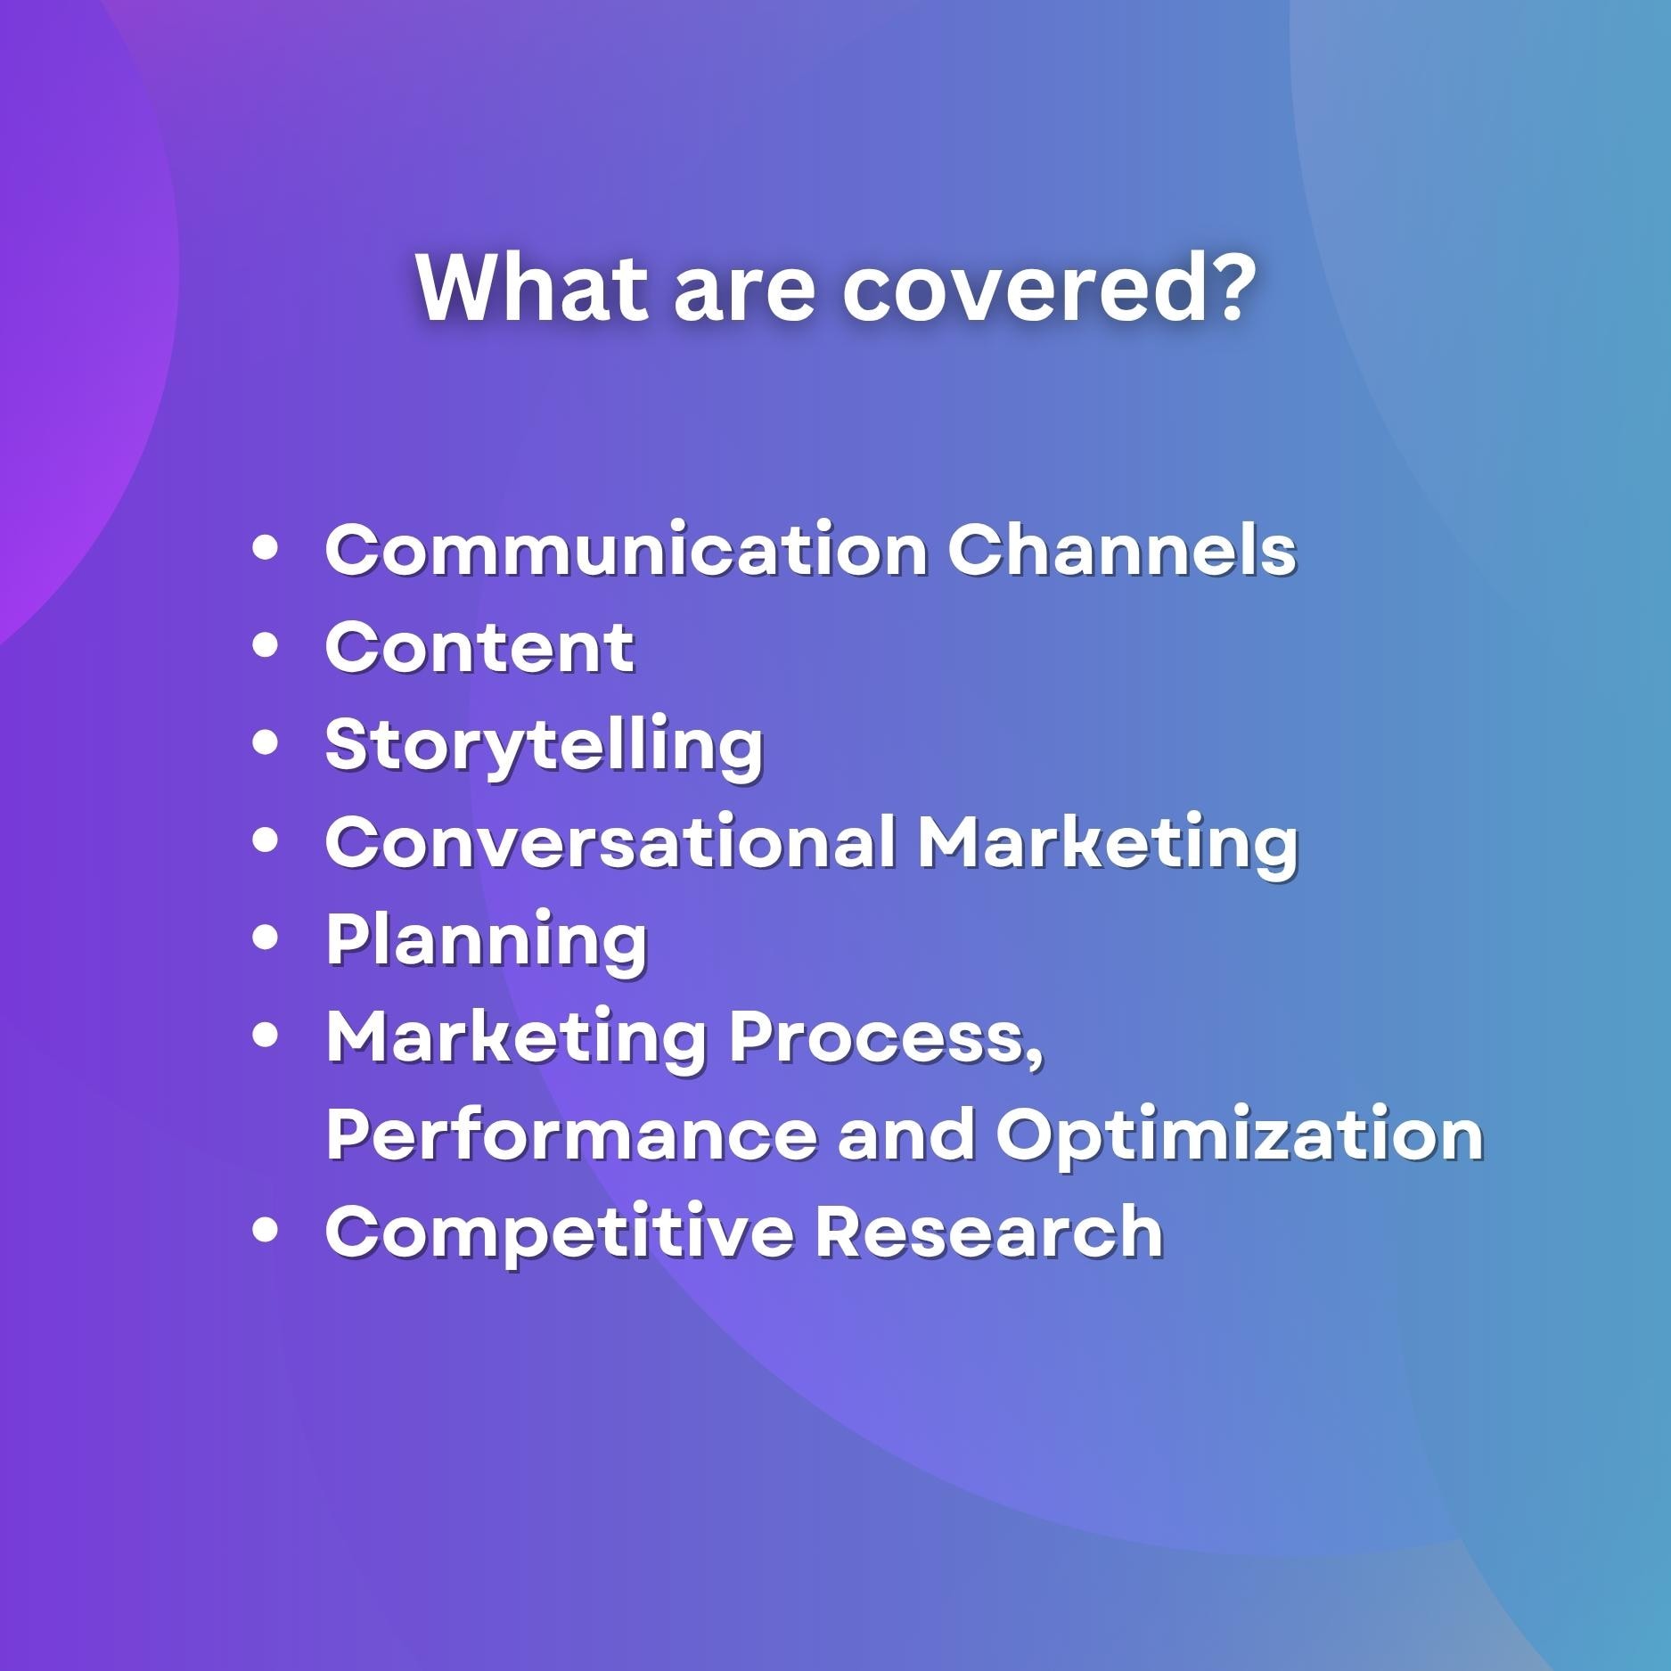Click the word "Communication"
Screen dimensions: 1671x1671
(627, 549)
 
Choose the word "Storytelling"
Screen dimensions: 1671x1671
(545, 747)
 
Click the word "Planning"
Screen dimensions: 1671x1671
(487, 941)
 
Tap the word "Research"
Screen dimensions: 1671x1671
(990, 1230)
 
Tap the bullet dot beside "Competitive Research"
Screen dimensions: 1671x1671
(266, 1229)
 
